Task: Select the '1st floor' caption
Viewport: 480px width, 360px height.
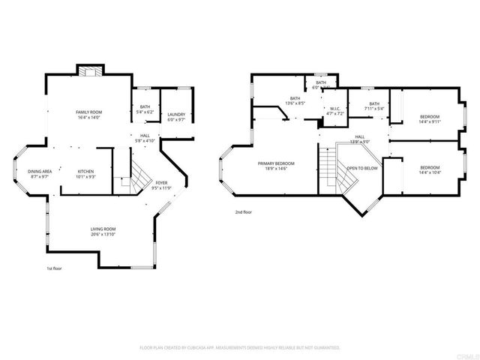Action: pyautogui.click(x=54, y=267)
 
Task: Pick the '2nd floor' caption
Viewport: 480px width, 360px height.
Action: pyautogui.click(x=242, y=212)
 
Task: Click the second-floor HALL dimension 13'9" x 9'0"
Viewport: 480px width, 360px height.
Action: pyautogui.click(x=360, y=141)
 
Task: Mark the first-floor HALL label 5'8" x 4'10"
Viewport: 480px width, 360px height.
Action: pyautogui.click(x=145, y=138)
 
